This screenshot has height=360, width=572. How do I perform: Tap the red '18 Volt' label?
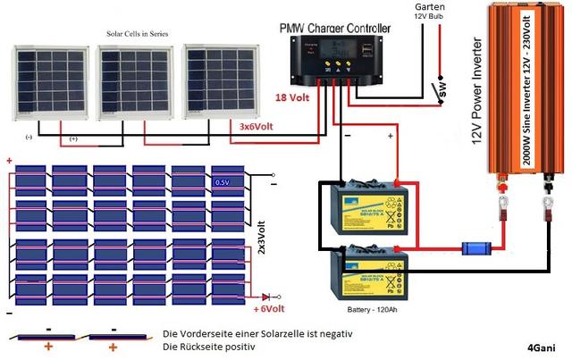point(293,97)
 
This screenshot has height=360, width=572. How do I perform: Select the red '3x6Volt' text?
point(257,128)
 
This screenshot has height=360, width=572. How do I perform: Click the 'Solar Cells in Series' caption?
point(135,35)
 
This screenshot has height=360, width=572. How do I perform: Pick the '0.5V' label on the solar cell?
point(223,182)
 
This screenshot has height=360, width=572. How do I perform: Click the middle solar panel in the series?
point(133,81)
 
